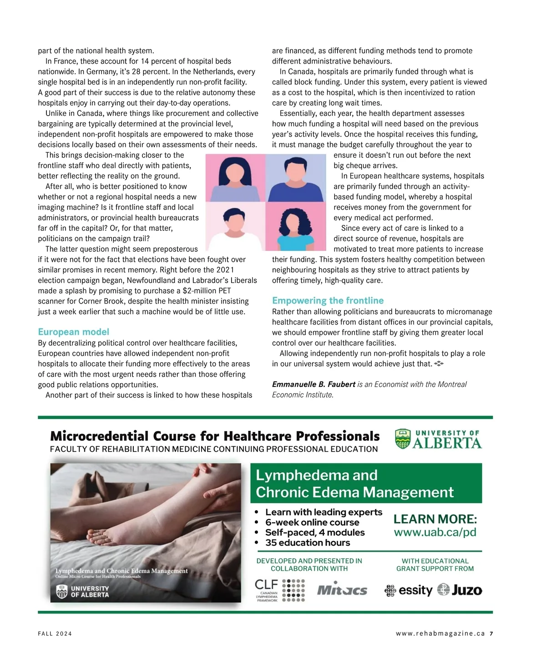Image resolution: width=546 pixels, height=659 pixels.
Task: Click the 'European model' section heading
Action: point(73,332)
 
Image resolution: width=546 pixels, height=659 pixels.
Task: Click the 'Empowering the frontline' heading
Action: point(328,300)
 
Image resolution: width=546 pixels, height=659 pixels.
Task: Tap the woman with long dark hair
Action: point(235,178)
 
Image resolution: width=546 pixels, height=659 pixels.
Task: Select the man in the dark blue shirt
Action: point(296,178)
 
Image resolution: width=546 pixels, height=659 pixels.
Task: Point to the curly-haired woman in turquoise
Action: point(296,227)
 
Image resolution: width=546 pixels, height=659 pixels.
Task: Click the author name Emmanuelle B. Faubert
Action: point(313,384)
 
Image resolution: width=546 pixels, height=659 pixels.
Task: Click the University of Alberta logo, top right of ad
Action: point(438,439)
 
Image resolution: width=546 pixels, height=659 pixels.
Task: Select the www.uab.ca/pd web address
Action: point(435,532)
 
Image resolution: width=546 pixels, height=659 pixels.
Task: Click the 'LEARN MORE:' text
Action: point(435,519)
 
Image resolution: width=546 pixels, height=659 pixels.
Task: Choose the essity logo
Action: point(409,590)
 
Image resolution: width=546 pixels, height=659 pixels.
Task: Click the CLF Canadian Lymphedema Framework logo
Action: point(279,590)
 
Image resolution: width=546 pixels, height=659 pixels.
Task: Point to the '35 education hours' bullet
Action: point(308,543)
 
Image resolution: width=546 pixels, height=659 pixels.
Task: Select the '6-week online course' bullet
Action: point(312,522)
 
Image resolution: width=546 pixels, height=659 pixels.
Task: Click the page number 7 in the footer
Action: point(492,634)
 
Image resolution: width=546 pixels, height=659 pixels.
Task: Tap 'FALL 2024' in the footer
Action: point(55,634)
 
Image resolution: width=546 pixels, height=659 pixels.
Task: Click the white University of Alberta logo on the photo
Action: point(82,591)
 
